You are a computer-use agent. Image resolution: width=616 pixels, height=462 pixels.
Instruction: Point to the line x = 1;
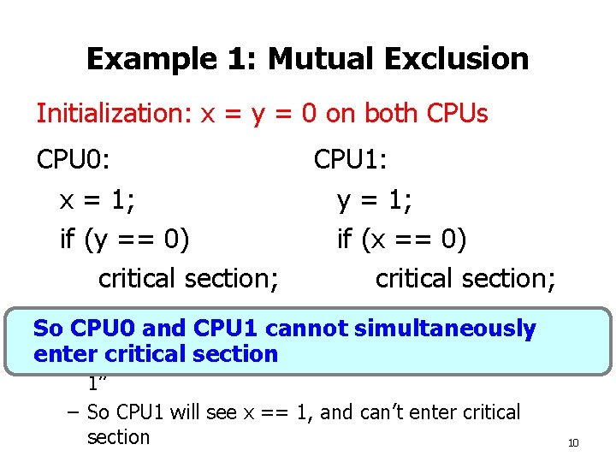click(x=99, y=201)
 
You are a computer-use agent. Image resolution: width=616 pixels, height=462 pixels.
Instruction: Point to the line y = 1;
click(x=375, y=201)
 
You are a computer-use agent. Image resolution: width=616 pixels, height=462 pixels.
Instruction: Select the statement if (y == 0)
click(x=125, y=240)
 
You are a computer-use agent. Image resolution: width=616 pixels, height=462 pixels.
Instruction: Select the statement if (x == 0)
click(x=402, y=240)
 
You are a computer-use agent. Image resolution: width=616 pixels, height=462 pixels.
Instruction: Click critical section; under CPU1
click(x=467, y=278)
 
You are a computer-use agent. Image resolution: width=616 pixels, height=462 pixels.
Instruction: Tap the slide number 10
click(x=573, y=442)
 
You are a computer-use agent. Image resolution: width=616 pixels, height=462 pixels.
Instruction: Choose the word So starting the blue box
click(x=48, y=329)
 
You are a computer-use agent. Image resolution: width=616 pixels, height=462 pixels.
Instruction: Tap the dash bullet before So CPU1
click(x=73, y=413)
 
